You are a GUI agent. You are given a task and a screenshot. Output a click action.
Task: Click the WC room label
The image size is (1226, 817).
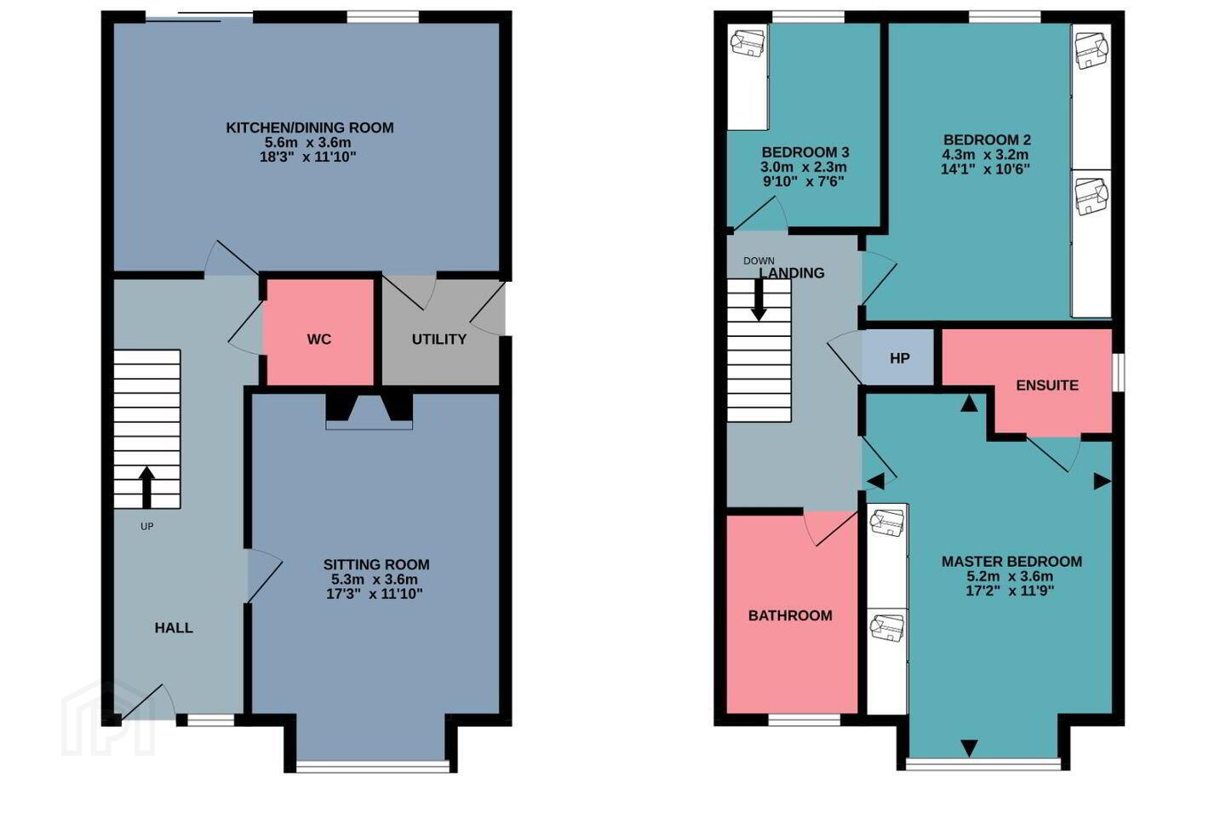[x=318, y=340]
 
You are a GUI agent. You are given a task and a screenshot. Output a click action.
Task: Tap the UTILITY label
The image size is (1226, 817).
[x=439, y=340]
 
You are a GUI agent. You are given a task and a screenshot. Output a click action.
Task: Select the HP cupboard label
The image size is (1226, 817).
[x=900, y=358]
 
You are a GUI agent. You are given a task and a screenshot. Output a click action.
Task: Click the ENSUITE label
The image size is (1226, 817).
[x=1047, y=386]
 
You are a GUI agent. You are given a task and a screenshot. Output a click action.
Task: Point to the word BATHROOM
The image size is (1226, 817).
[x=790, y=615]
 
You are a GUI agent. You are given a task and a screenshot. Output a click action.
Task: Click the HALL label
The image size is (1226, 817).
[x=174, y=628]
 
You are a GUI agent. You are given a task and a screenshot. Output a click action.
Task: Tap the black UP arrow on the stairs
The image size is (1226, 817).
[x=146, y=487]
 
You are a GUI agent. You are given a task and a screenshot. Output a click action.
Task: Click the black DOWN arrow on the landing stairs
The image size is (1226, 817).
[x=759, y=300]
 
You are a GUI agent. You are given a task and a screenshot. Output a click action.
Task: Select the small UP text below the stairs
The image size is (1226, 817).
[x=146, y=527]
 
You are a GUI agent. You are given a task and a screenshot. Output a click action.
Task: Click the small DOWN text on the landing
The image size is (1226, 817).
[x=759, y=261]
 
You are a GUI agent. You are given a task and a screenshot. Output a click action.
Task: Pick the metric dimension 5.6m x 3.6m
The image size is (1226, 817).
[x=308, y=142]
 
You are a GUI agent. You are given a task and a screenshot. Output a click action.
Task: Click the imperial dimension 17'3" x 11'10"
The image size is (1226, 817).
[x=375, y=594]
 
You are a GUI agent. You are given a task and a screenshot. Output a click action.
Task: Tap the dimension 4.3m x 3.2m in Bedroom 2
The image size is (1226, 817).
[x=985, y=154]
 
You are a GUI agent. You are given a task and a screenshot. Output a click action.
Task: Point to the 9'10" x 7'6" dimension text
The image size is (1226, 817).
[x=804, y=181]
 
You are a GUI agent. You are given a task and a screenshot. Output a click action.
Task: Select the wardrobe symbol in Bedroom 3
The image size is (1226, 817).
[x=748, y=77]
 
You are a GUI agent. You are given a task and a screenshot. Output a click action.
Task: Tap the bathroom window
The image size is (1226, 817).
[x=804, y=720]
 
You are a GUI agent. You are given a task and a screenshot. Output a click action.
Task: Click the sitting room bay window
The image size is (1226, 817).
[x=372, y=766]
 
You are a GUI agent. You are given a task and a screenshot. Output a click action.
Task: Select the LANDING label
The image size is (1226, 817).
[x=792, y=272]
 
